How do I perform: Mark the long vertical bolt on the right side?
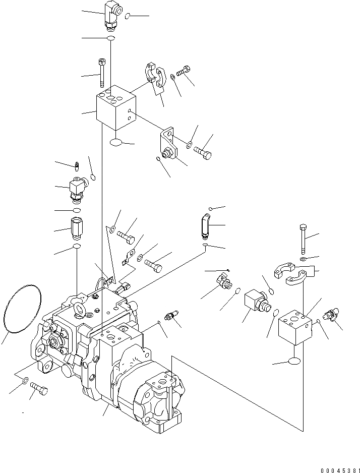303,239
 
